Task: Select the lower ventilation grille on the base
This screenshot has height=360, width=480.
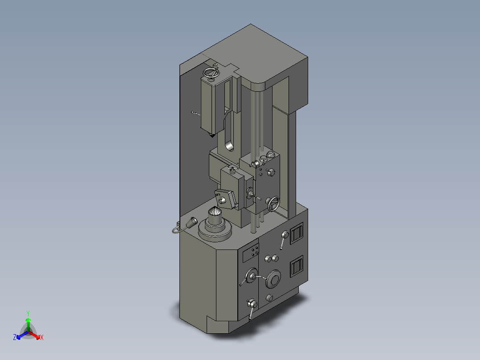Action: [296, 269]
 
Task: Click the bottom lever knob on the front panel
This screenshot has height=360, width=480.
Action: [252, 304]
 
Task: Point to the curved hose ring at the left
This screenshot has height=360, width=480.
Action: [175, 229]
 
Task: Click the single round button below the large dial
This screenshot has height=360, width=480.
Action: [269, 298]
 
